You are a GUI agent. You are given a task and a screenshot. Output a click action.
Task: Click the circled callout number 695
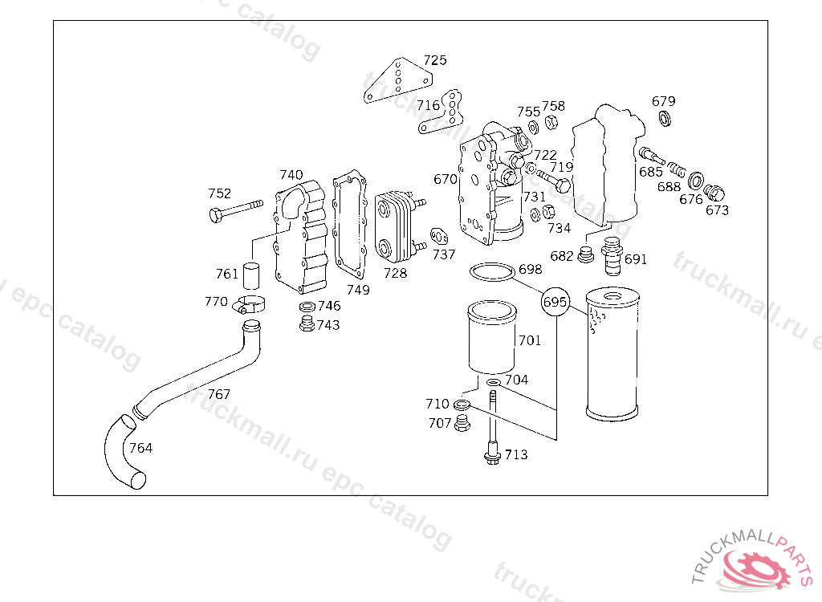point(555,302)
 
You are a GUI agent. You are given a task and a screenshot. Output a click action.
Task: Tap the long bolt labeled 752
point(236,209)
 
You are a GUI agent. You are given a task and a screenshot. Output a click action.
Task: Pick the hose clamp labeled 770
point(249,305)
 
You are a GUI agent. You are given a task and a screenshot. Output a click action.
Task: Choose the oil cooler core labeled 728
point(397,228)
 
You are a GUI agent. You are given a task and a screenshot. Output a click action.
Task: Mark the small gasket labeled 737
point(439,237)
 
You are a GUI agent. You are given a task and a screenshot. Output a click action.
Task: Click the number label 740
point(291,175)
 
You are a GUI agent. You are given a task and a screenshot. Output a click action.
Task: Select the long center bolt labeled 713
point(492,427)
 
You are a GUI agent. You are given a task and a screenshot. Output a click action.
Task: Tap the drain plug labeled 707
point(462,423)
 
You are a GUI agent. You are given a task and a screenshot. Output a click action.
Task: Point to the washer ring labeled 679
point(664,118)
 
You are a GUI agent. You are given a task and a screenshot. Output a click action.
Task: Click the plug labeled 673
point(714,193)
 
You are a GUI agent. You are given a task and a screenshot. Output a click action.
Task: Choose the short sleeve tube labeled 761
point(251,275)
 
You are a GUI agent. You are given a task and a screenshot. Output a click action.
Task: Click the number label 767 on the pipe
point(218,394)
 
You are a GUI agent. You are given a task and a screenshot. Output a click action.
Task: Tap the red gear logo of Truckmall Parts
point(755,569)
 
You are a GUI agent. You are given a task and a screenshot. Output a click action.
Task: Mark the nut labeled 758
point(551,122)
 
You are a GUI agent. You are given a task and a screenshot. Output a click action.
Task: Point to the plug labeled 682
point(585,254)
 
